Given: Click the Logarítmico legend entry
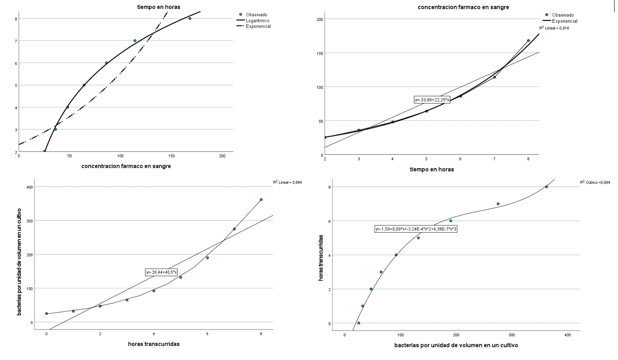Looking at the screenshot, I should (x=257, y=20).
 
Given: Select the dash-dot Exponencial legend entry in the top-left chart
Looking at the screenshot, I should (x=258, y=26).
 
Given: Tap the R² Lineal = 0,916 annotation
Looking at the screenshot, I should (x=554, y=28).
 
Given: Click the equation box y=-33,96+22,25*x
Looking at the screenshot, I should (x=432, y=100).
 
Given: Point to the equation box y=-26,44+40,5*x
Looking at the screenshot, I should (x=161, y=273).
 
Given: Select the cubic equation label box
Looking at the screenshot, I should (x=416, y=229).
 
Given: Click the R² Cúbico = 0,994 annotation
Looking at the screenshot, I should (x=595, y=183).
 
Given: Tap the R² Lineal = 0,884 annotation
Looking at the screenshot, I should (x=287, y=183).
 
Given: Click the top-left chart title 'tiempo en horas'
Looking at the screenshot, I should (x=159, y=7).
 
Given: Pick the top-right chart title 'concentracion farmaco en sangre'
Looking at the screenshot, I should (x=463, y=7).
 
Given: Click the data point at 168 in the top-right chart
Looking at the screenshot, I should (x=528, y=41).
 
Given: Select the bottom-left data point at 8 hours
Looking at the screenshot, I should (x=261, y=200).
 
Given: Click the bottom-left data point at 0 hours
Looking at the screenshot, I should (x=46, y=314).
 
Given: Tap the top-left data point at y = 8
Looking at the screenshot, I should (x=190, y=18).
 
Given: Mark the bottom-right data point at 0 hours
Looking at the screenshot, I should (x=359, y=323).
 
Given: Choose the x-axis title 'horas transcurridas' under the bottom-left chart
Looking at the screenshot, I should (x=154, y=344).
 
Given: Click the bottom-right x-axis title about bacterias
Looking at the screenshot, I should (x=456, y=345).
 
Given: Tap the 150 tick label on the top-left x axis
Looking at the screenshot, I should (x=171, y=156).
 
